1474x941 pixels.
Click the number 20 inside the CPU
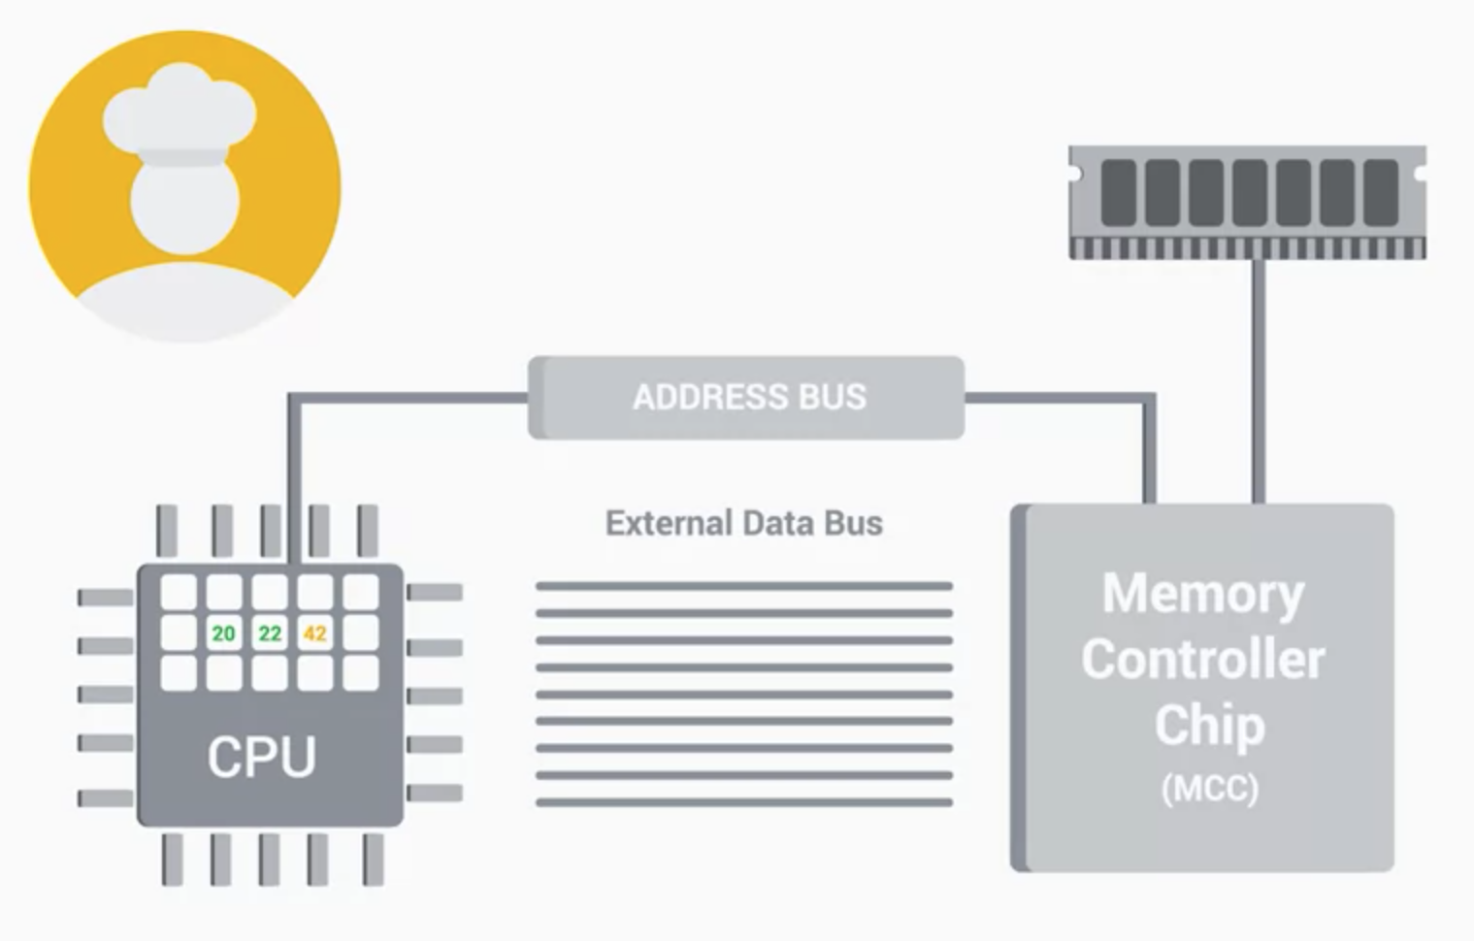click(x=223, y=633)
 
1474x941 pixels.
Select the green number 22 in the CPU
click(x=270, y=633)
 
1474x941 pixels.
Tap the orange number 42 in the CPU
click(x=314, y=633)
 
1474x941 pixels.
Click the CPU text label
click(x=261, y=757)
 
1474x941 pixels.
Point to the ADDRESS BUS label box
click(x=747, y=397)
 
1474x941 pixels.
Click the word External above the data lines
click(x=668, y=523)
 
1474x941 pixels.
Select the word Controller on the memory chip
click(x=1202, y=660)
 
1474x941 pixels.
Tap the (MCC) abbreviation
click(x=1209, y=788)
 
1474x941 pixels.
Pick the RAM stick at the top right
click(x=1247, y=202)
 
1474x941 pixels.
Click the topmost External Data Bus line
click(x=744, y=586)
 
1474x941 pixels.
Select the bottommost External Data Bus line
click(x=744, y=802)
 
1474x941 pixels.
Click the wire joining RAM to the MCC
click(x=1258, y=378)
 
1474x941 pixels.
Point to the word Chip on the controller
click(x=1209, y=725)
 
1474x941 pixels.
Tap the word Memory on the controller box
click(x=1202, y=593)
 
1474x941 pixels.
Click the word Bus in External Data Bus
click(x=853, y=523)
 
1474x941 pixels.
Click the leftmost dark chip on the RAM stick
click(x=1119, y=192)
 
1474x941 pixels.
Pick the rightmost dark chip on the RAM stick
click(x=1381, y=192)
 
